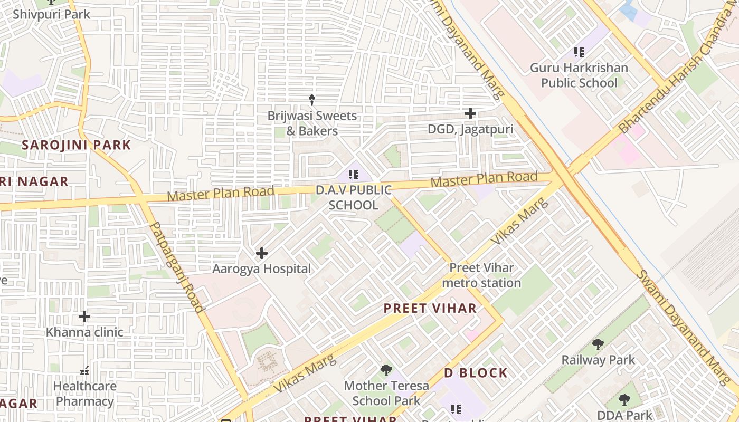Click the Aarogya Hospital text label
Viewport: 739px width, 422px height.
[x=261, y=269]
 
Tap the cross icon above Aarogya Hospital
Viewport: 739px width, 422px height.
[x=261, y=253]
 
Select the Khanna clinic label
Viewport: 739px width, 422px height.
[x=84, y=332]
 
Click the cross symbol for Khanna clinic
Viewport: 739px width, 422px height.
[x=84, y=316]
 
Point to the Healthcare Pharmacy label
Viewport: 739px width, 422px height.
[x=84, y=394]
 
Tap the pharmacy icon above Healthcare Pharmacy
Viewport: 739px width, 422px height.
[x=84, y=371]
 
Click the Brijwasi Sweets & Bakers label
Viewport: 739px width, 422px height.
[x=312, y=123]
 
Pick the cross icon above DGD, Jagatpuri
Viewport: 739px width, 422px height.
[x=470, y=113]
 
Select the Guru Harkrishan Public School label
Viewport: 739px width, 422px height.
[x=579, y=75]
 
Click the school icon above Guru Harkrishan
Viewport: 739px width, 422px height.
[x=579, y=52]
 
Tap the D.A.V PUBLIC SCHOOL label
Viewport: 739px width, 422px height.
[x=354, y=197]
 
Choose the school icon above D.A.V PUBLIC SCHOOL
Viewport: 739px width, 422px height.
[x=354, y=174]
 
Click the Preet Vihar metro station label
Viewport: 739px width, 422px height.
[x=481, y=275]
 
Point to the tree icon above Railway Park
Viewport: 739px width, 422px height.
[x=598, y=344]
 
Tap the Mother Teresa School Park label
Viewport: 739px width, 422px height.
[x=386, y=393]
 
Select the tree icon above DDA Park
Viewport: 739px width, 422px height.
[x=624, y=400]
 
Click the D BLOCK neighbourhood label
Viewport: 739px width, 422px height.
[x=476, y=373]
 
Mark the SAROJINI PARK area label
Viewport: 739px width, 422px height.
[x=76, y=145]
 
